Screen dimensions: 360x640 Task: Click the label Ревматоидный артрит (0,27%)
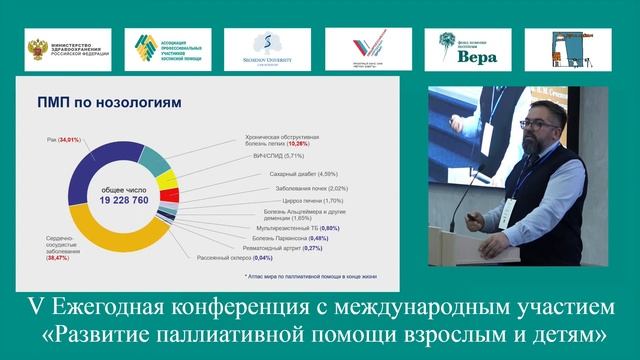click(x=262, y=247)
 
